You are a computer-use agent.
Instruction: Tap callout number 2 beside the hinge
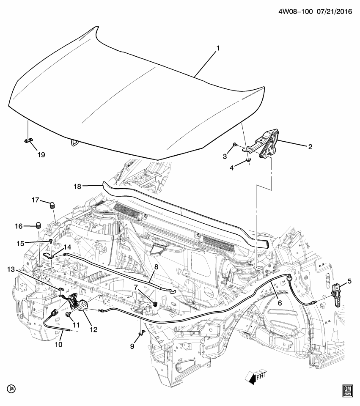click(x=310, y=147)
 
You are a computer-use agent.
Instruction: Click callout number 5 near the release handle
click(x=349, y=281)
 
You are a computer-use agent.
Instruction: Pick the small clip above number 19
click(x=28, y=141)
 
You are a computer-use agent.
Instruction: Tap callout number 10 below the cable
click(x=58, y=345)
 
